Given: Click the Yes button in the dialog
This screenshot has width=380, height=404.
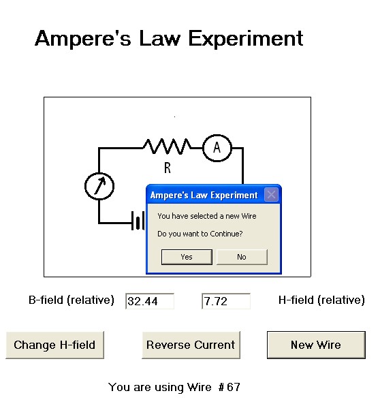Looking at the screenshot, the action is tap(187, 257).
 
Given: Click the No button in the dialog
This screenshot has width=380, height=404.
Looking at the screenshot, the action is tap(242, 257).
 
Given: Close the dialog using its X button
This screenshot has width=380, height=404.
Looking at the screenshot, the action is tap(271, 195).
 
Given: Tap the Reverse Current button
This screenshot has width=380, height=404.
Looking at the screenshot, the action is tap(191, 345).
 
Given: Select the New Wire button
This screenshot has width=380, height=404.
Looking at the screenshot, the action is tap(316, 345).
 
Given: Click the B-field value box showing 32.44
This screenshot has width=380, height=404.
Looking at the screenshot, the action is tap(150, 301).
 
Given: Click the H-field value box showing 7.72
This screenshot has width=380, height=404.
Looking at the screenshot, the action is tap(226, 301).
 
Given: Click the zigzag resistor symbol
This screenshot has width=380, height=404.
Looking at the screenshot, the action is tap(168, 146).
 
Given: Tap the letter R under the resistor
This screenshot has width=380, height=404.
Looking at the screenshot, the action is tap(168, 168).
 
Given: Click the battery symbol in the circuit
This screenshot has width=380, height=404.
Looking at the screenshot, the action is tap(138, 221).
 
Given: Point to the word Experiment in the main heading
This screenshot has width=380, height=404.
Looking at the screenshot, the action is tap(246, 39).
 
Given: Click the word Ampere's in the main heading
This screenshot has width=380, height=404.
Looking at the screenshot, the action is tap(83, 38).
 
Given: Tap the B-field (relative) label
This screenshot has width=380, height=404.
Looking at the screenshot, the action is tap(72, 300).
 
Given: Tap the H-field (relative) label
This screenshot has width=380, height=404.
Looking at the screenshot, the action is tap(321, 300).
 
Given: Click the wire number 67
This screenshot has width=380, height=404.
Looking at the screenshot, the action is tap(234, 387).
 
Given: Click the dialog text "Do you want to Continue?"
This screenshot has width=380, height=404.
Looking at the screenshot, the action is tap(200, 234).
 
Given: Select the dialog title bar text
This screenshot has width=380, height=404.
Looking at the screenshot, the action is tap(204, 195).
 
